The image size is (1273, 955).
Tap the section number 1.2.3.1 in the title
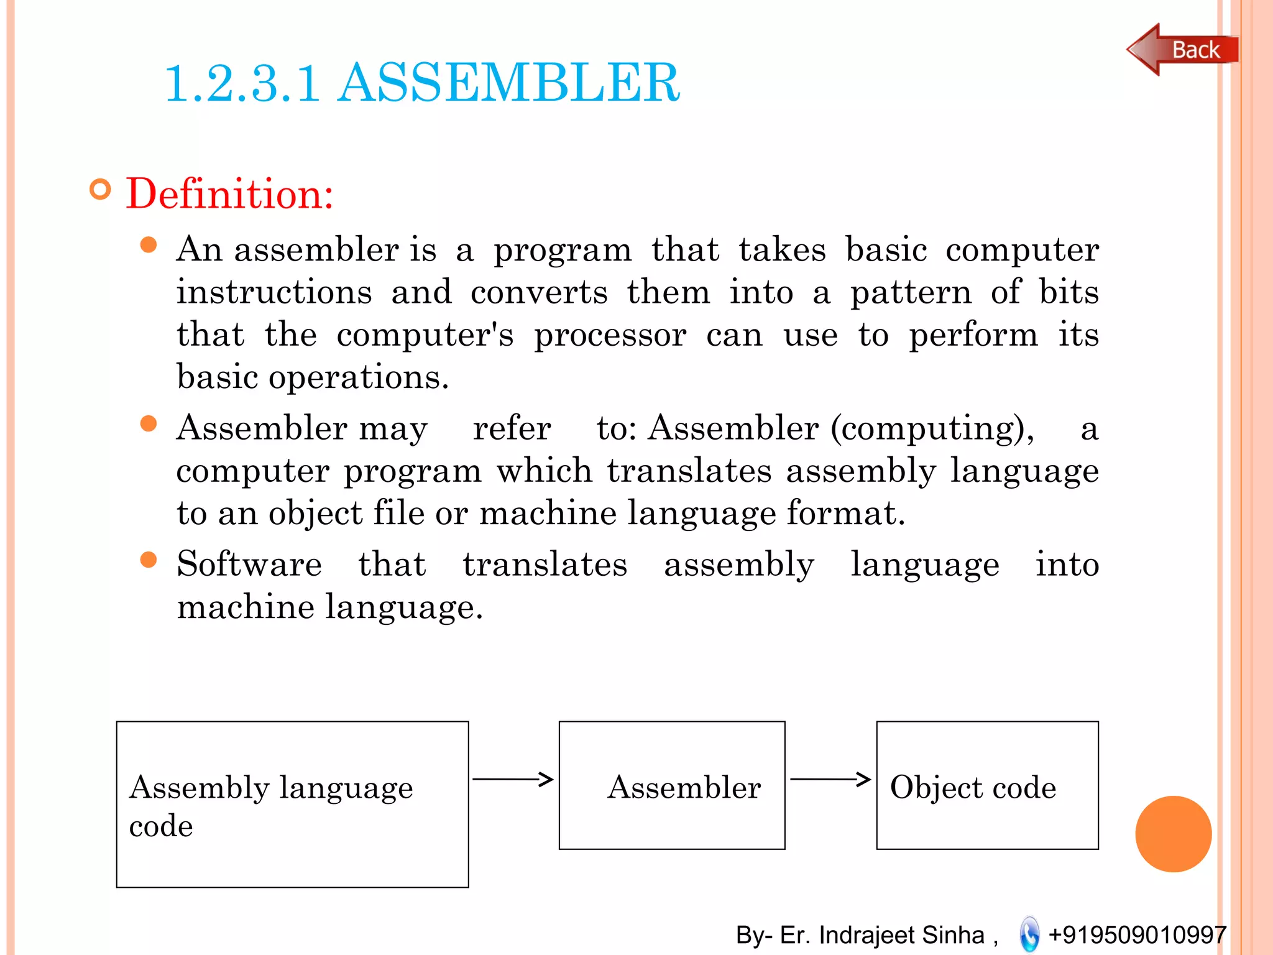tap(242, 84)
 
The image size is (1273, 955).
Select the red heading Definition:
tap(230, 194)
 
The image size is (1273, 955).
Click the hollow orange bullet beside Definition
tap(100, 189)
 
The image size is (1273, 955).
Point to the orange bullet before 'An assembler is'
tap(149, 244)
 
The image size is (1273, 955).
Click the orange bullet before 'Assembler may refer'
tap(149, 423)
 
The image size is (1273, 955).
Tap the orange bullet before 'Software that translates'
tap(149, 560)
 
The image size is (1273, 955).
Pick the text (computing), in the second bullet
tap(932, 429)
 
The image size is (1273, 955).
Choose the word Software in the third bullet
tap(249, 564)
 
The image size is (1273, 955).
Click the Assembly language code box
tap(292, 804)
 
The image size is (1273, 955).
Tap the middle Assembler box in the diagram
tap(672, 785)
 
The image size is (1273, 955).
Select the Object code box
tap(987, 785)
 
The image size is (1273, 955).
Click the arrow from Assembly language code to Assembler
tap(513, 778)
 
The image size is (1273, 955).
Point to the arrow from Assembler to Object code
tap(830, 778)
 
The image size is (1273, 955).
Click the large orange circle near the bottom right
tap(1173, 834)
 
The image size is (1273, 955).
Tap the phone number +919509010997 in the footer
tap(1137, 934)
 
